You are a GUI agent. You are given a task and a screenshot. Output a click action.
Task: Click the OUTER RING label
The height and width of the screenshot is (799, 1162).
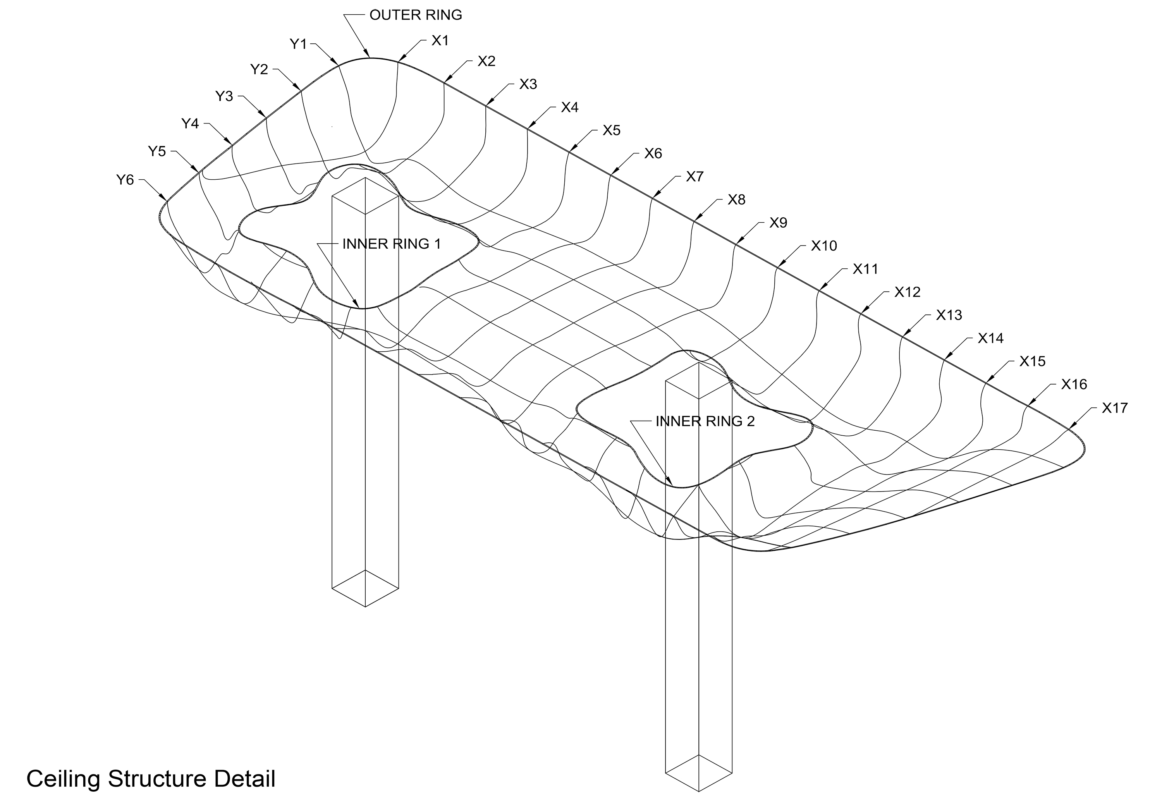(416, 15)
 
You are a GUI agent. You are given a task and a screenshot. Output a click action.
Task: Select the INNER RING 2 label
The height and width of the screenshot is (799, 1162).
(705, 421)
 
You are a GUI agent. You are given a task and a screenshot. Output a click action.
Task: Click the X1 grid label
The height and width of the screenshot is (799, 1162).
(440, 41)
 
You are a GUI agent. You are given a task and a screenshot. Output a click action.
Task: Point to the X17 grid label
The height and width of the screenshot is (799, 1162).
(1114, 408)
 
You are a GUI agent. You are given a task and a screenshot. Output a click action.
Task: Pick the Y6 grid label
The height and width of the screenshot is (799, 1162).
(125, 179)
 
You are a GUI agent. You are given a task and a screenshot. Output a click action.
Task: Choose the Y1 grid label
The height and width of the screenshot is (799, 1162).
(298, 44)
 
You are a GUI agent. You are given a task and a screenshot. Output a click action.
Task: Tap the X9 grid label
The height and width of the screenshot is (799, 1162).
(778, 223)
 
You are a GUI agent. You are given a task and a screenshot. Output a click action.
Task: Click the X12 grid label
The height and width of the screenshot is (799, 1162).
(907, 292)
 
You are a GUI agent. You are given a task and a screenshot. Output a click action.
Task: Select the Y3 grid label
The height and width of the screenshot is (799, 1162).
(224, 96)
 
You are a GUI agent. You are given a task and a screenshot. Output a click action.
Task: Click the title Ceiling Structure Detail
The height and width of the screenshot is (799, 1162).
(151, 779)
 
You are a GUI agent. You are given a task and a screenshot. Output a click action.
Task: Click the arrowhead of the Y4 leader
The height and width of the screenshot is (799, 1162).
(230, 144)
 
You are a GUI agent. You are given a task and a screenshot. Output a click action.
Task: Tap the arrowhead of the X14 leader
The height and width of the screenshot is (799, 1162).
(945, 359)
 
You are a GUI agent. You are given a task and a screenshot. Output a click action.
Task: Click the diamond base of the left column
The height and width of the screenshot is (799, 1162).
(366, 588)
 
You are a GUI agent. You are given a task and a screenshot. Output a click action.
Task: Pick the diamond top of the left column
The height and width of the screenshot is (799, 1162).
(366, 196)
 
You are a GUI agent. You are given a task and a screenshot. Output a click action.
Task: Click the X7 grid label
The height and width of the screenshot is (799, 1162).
(695, 177)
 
